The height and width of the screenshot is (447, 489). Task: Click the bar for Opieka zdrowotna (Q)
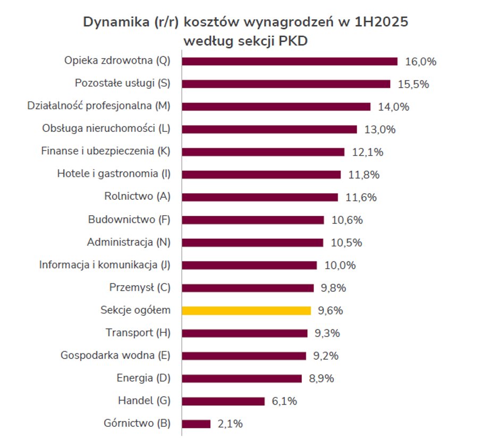tap(290, 61)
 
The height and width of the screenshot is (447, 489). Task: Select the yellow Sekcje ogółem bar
tap(246, 310)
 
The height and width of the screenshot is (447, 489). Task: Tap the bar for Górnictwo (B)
tap(196, 424)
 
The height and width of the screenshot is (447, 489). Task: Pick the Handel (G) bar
tap(223, 401)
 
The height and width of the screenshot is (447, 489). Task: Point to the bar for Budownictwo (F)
tap(253, 220)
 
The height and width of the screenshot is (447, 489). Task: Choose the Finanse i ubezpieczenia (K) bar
tap(263, 152)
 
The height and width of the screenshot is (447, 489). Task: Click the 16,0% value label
tap(420, 61)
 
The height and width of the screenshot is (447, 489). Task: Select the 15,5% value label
tap(413, 84)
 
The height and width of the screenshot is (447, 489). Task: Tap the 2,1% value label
tap(230, 424)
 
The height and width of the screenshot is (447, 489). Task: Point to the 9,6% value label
tap(331, 310)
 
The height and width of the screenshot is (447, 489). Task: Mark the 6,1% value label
tap(284, 401)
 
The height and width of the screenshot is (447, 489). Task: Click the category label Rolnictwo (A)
tap(137, 196)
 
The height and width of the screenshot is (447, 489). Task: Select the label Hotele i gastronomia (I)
tap(114, 173)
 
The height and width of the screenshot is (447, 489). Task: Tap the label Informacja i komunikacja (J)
tap(105, 264)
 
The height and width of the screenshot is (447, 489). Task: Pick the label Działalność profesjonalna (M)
tap(99, 106)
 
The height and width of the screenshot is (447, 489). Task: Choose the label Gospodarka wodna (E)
tap(115, 355)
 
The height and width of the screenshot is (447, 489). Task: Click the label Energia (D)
tap(144, 378)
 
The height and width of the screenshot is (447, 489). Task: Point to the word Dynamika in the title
tap(114, 22)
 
